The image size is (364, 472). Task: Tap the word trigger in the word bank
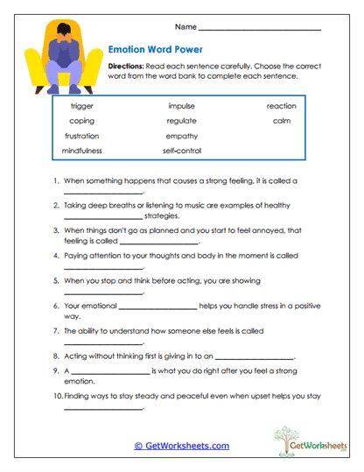[x=81, y=106]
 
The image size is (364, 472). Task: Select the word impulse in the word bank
[x=181, y=106]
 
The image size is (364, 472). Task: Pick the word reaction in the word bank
[x=281, y=106]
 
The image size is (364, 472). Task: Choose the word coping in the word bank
[x=81, y=121]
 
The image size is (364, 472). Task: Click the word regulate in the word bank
[x=181, y=121]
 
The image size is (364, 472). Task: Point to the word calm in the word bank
[x=281, y=121]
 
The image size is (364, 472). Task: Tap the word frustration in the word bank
[x=81, y=136]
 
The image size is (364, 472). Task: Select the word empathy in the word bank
[x=181, y=136]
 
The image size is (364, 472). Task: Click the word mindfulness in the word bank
[x=81, y=151]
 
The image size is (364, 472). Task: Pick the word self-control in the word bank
[x=181, y=151]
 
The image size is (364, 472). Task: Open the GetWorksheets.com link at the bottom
[x=182, y=446]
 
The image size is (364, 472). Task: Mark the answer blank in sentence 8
[x=254, y=359]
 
